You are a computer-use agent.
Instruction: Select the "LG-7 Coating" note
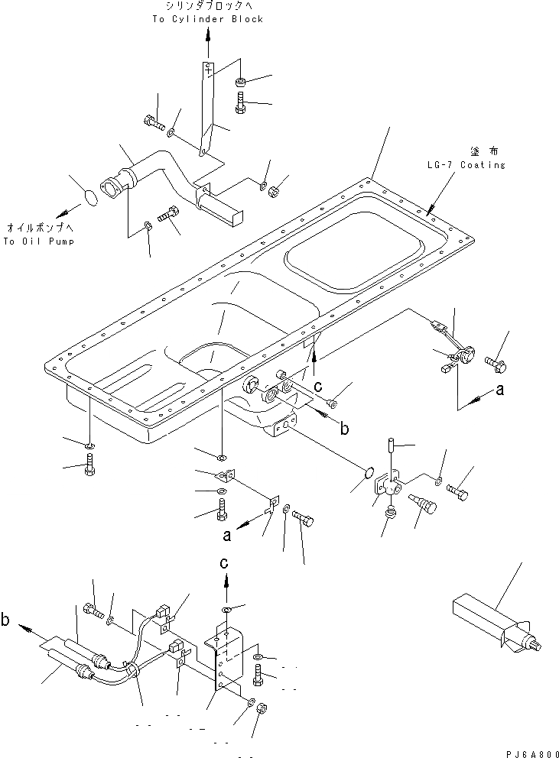[466, 164]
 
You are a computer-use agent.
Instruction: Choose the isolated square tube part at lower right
[489, 623]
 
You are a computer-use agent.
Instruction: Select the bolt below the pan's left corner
[90, 466]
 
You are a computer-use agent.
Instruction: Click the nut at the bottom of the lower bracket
[260, 707]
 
